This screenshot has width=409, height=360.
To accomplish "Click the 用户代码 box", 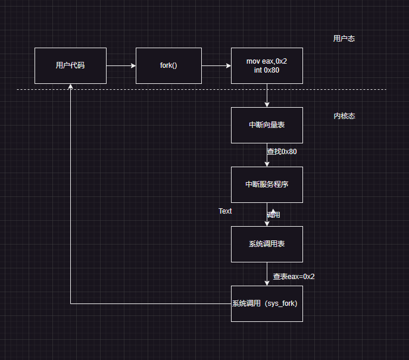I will (70, 65).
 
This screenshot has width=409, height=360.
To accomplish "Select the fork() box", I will (168, 65).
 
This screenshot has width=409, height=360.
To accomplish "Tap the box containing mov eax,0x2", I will (267, 65).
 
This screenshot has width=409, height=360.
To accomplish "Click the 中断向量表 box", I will (267, 125).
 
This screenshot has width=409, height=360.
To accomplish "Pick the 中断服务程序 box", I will (267, 184).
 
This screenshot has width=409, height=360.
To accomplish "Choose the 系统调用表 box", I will (267, 244).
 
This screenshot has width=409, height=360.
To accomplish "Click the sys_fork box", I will (267, 303).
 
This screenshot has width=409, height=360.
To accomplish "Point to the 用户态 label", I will (344, 39).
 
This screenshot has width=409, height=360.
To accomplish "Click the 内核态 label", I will (344, 116).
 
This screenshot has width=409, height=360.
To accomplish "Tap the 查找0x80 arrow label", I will (282, 152).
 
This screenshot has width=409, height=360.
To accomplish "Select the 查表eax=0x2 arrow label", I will (294, 277).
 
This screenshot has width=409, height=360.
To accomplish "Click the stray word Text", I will (225, 211).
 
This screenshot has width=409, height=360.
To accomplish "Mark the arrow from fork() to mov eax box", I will (216, 65).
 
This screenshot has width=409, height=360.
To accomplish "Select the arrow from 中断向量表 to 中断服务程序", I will (267, 156).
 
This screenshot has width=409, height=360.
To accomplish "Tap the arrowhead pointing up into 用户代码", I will (70, 87).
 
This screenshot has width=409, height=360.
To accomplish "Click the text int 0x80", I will (267, 70).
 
